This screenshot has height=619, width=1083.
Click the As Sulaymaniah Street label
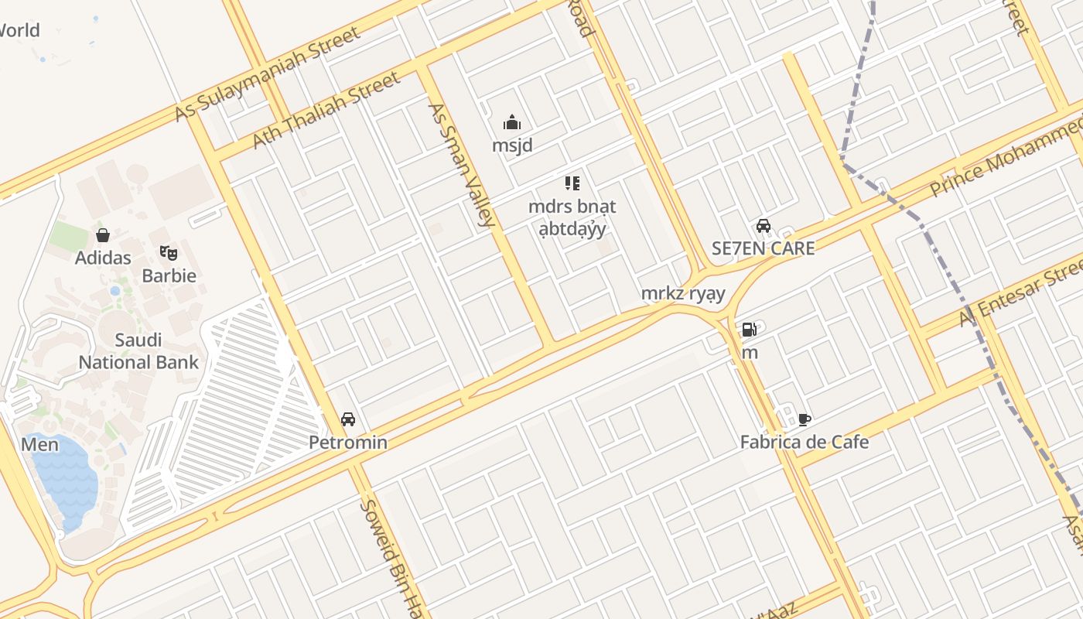(267, 74)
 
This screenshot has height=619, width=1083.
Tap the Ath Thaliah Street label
(326, 110)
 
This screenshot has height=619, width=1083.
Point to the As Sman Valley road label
(461, 165)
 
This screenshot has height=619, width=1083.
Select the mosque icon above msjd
(512, 122)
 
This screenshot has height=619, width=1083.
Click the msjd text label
(512, 145)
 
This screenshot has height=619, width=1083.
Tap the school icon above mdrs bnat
(572, 183)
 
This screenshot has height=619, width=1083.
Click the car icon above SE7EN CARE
(764, 226)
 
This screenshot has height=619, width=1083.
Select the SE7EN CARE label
(763, 248)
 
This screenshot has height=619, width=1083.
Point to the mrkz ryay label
(683, 293)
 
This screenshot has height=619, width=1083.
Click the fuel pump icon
(749, 330)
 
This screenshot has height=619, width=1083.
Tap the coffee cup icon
(805, 419)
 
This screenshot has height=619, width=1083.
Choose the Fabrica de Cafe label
(805, 443)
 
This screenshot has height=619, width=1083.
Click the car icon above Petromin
(348, 419)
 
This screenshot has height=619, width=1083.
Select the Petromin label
(348, 443)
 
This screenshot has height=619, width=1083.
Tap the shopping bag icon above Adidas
(103, 235)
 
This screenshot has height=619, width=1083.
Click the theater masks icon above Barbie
(169, 252)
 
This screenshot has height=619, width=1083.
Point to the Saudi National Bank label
(138, 351)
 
